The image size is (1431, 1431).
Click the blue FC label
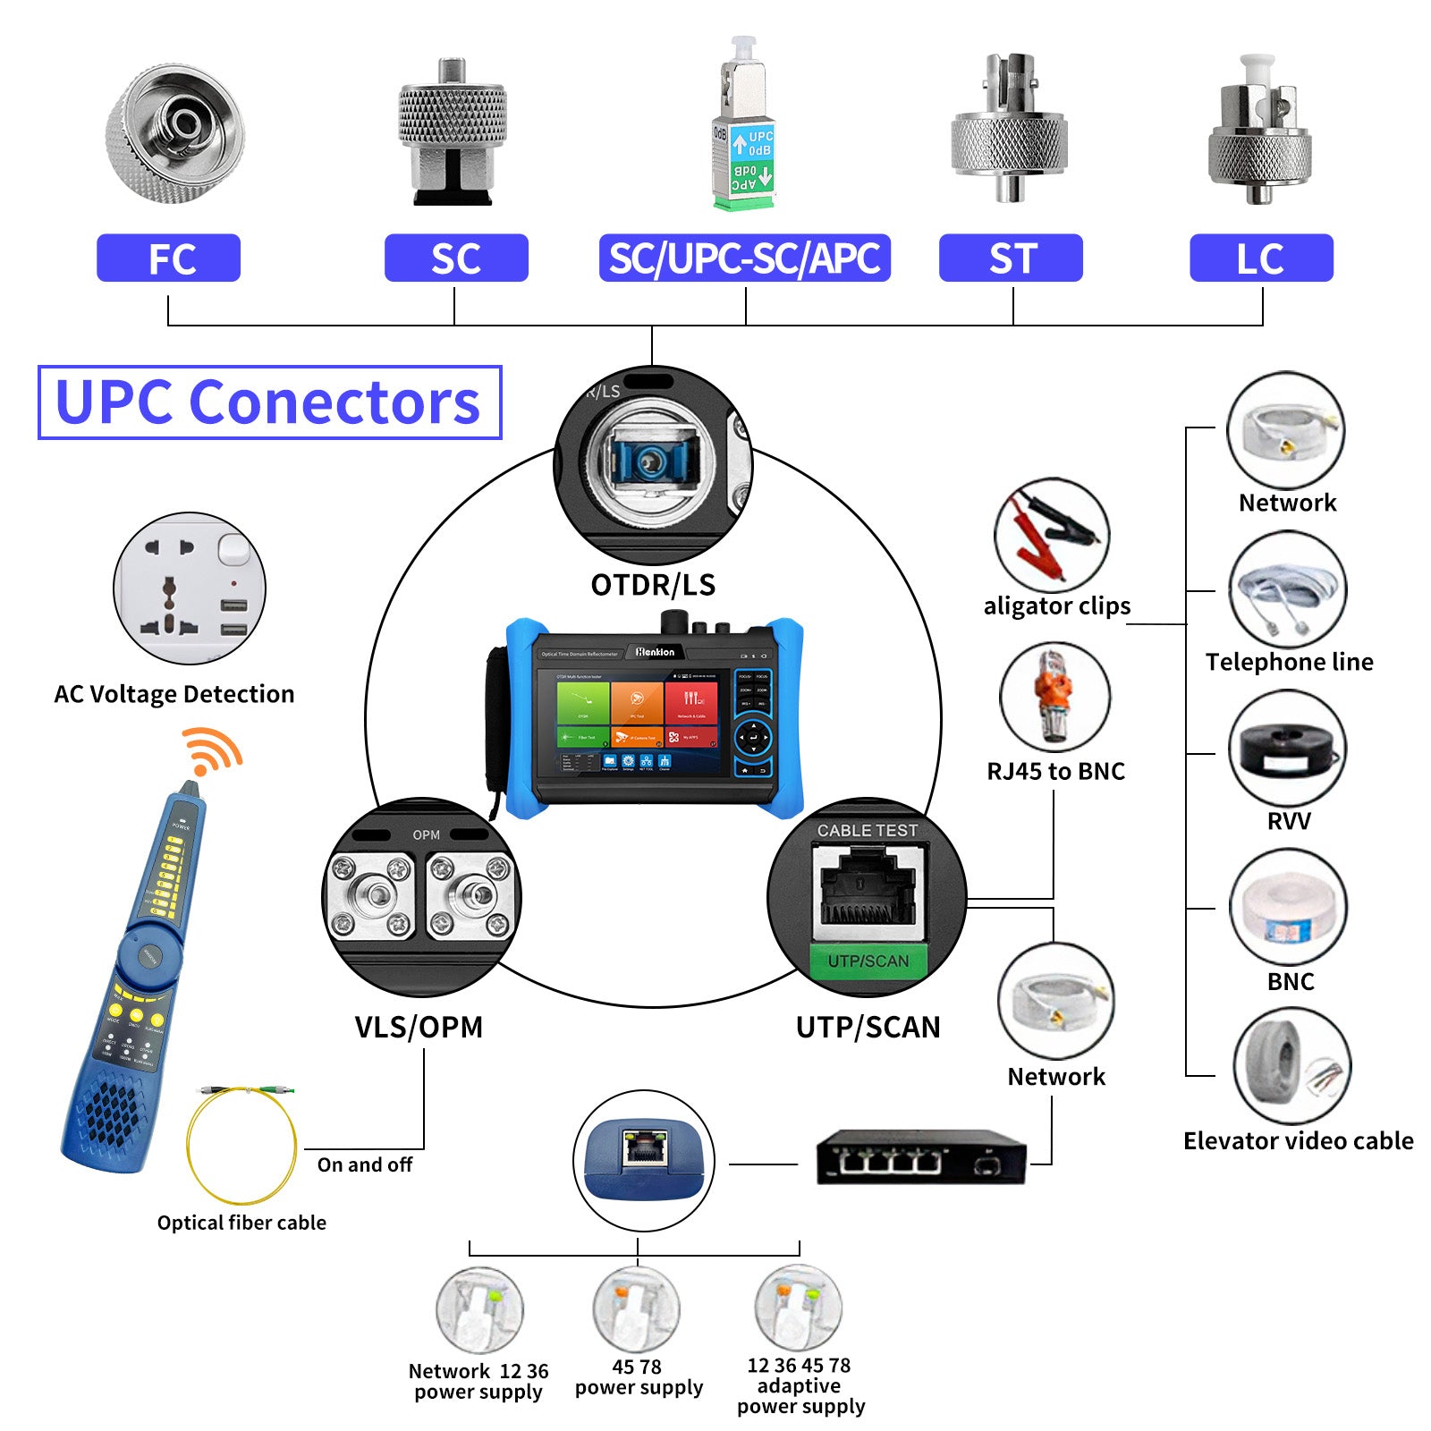[x=168, y=258]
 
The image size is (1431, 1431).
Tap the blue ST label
[x=1011, y=258]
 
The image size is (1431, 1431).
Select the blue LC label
[x=1261, y=258]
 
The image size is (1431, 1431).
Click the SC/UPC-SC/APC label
[x=744, y=258]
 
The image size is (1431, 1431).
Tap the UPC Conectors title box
[x=269, y=402]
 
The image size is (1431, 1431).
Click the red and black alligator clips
[x=1052, y=535]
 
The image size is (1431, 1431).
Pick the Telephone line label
[x=1289, y=662]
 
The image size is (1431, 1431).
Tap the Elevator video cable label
[x=1298, y=1141]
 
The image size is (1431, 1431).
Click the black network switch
[x=921, y=1157]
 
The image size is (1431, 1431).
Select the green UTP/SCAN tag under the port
[x=868, y=961]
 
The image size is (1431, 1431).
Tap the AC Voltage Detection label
[x=174, y=694]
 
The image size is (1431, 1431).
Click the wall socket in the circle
[x=190, y=588]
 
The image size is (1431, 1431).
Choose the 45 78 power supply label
[x=639, y=1377]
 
